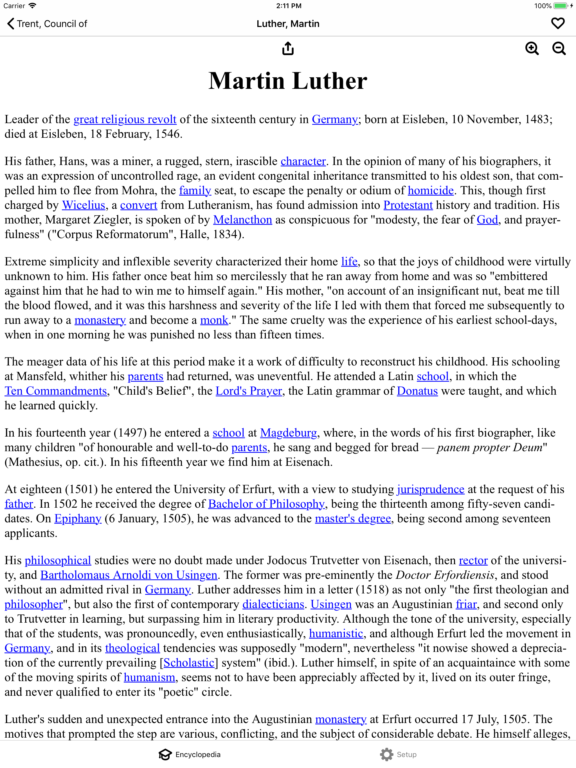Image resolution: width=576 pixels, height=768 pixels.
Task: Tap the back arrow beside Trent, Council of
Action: point(11,24)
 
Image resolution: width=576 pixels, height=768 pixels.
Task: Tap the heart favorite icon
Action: point(558,24)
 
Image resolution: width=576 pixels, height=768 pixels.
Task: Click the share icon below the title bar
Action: point(288,49)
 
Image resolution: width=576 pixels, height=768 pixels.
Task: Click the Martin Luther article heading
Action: point(288,81)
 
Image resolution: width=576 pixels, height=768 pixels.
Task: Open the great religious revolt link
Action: point(125,119)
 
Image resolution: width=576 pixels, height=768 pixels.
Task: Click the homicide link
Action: point(430,191)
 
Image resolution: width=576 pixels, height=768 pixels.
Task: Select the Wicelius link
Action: point(83,205)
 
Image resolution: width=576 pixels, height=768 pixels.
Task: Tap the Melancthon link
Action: point(242,220)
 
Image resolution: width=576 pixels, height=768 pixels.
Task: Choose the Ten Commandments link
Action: point(56,391)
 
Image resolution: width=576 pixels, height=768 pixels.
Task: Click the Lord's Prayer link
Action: point(249,391)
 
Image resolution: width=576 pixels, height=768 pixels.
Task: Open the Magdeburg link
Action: point(288,433)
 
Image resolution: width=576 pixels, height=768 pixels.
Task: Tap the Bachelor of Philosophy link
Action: point(266,504)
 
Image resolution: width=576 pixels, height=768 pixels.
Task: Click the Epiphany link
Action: point(78,519)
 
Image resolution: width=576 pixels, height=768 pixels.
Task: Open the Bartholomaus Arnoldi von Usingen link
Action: point(129,575)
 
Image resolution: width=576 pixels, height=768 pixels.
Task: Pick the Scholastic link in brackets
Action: point(189,663)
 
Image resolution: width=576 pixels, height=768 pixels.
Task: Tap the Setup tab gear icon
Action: point(386,755)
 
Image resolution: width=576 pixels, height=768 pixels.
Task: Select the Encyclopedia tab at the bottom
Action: point(190,755)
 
